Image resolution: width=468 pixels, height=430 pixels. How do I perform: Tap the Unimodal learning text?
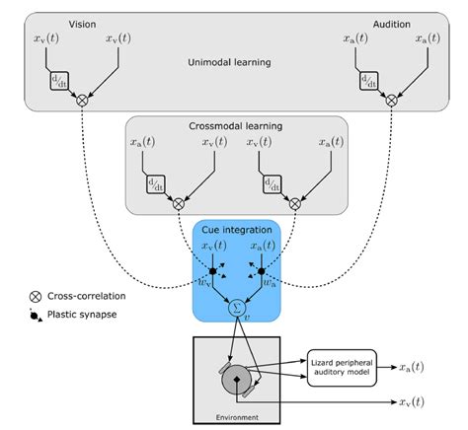point(230,62)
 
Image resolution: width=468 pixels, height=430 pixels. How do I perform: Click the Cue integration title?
point(236,230)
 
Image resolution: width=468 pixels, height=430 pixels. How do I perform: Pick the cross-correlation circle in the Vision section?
point(82,101)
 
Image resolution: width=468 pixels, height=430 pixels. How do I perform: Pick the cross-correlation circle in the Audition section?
point(392,101)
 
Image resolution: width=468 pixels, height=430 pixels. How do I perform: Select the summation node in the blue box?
point(236,308)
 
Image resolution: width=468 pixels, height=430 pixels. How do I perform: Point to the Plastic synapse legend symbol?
point(38,316)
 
